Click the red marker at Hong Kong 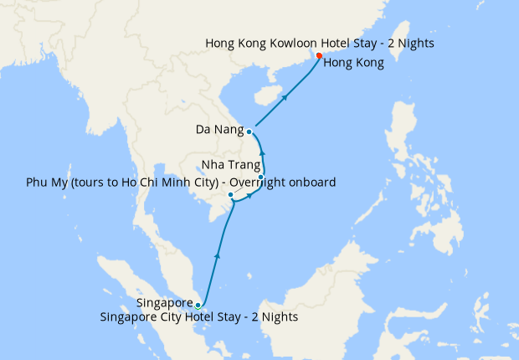click(x=319, y=56)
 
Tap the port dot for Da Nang click(x=249, y=131)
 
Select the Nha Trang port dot click(x=261, y=177)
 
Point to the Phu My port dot click(x=230, y=195)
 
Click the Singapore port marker click(x=198, y=305)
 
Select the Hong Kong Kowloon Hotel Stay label click(x=320, y=43)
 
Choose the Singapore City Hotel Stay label click(x=198, y=317)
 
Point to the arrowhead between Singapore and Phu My click(x=218, y=255)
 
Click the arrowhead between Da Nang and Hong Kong click(x=285, y=97)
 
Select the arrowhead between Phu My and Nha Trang click(x=250, y=195)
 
